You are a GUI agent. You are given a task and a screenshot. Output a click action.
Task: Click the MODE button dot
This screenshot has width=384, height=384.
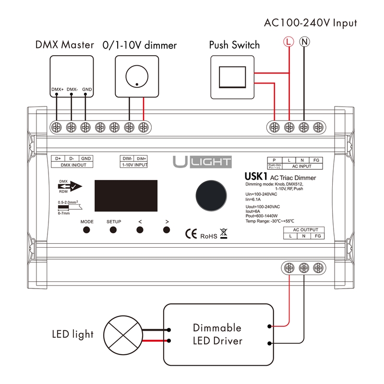tap(86, 230)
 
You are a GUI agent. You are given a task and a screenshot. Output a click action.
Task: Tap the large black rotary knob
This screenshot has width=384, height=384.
tap(211, 196)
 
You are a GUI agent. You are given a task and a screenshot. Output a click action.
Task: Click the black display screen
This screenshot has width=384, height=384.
tap(126, 196)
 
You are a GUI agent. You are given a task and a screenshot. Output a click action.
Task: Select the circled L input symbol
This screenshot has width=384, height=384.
tap(288, 42)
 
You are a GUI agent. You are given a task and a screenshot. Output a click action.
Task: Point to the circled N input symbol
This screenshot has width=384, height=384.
tap(304, 42)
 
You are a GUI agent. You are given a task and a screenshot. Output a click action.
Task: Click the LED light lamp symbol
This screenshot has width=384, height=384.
tap(123, 335)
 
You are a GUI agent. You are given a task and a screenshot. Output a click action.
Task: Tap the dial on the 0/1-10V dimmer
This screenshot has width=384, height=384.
tap(137, 76)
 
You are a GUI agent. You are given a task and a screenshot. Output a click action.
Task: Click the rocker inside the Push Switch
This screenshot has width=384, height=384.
tap(232, 77)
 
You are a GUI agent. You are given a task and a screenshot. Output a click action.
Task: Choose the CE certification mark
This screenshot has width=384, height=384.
tap(191, 234)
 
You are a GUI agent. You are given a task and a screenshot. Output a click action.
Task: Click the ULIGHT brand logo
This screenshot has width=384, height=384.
tap(202, 162)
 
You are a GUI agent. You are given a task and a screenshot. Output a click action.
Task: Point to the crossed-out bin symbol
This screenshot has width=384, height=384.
tap(224, 233)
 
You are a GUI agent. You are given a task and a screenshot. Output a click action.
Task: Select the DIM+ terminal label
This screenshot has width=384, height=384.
tap(141, 159)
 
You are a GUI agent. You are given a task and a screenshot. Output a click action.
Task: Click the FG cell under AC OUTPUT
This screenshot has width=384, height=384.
tap(318, 236)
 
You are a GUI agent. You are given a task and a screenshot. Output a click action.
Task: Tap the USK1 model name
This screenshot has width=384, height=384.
tap(256, 176)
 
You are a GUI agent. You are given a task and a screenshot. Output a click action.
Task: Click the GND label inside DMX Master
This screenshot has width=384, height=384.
tap(87, 89)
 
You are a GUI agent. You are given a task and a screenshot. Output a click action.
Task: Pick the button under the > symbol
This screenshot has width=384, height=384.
tap(167, 230)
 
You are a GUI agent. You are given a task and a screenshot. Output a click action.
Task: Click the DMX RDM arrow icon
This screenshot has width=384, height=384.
tap(70, 186)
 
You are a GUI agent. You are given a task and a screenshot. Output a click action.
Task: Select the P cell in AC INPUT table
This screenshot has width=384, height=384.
tap(274, 160)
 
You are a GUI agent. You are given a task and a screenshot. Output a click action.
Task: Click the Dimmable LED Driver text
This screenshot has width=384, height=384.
tap(217, 334)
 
